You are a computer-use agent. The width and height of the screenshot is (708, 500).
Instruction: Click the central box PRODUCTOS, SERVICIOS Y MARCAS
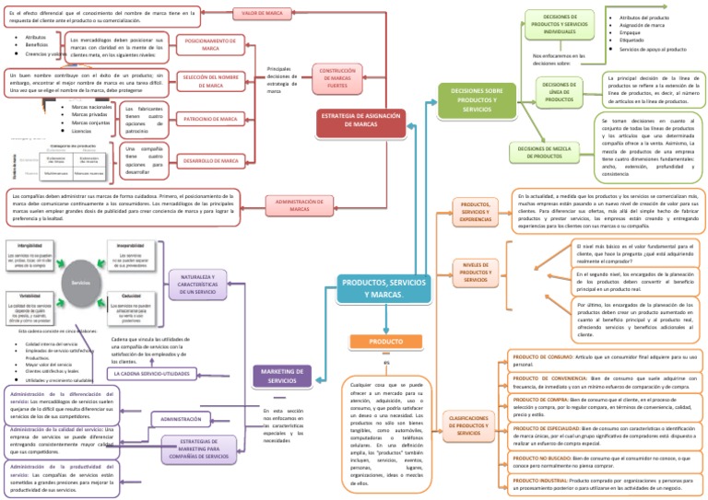coord(383,286)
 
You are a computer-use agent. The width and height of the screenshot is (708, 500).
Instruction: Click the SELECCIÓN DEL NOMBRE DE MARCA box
coord(210,81)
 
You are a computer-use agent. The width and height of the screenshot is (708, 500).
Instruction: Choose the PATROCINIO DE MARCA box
coord(210,120)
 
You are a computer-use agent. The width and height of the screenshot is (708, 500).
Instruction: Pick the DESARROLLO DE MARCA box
coord(210,161)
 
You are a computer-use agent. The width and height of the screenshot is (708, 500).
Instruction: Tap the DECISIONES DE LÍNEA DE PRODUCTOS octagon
coord(560,92)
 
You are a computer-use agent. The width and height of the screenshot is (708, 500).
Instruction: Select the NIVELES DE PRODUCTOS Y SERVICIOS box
coord(476,273)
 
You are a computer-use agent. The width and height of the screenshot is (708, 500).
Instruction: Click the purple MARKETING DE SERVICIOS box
coord(275,376)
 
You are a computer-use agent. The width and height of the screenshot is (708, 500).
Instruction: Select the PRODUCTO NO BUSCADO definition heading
coord(537,458)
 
